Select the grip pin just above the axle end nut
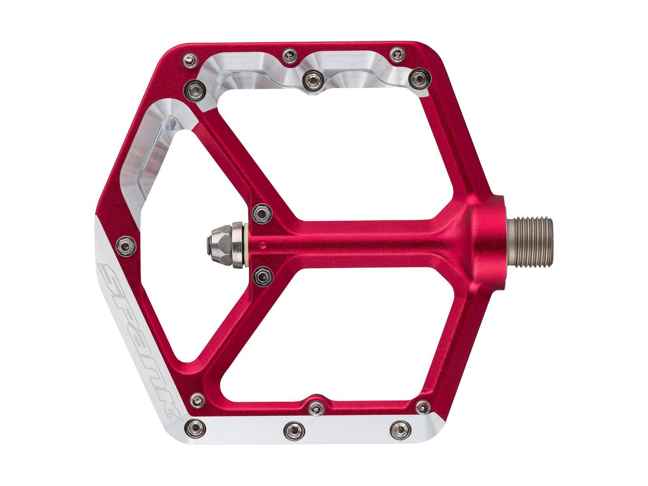[x=262, y=213]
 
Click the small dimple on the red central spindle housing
[x=264, y=245]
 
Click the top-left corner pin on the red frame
[x=191, y=60]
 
